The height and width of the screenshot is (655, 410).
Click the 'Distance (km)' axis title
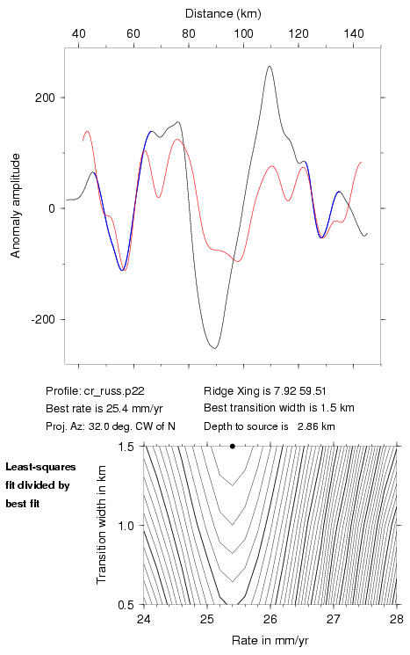pos(223,14)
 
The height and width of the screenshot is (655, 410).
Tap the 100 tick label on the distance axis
pos(243,33)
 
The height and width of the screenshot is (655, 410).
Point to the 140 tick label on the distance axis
pos(354,33)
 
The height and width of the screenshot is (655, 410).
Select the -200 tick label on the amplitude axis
pos(43,319)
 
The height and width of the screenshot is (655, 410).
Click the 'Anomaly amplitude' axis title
pos(16,206)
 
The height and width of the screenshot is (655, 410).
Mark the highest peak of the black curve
pos(270,66)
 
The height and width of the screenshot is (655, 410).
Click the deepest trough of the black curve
pos(214,348)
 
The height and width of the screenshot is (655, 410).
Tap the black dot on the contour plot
pos(233,446)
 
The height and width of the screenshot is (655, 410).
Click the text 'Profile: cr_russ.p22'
pos(95,391)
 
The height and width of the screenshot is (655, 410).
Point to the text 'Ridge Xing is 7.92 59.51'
pos(265,391)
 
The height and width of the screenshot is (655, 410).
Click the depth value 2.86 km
pos(316,426)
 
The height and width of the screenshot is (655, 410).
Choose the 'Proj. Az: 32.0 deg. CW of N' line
pos(111,426)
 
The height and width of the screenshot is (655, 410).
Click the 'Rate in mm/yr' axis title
pos(270,640)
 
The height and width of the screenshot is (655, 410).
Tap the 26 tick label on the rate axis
pos(270,619)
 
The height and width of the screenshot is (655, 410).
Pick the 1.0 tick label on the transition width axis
pos(126,526)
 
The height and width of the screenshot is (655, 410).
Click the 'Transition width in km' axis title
pos(101,524)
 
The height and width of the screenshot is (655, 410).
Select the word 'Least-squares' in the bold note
pos(40,467)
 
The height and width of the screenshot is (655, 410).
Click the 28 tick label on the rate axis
pos(397,619)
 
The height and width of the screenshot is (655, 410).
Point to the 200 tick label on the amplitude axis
pos(45,98)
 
